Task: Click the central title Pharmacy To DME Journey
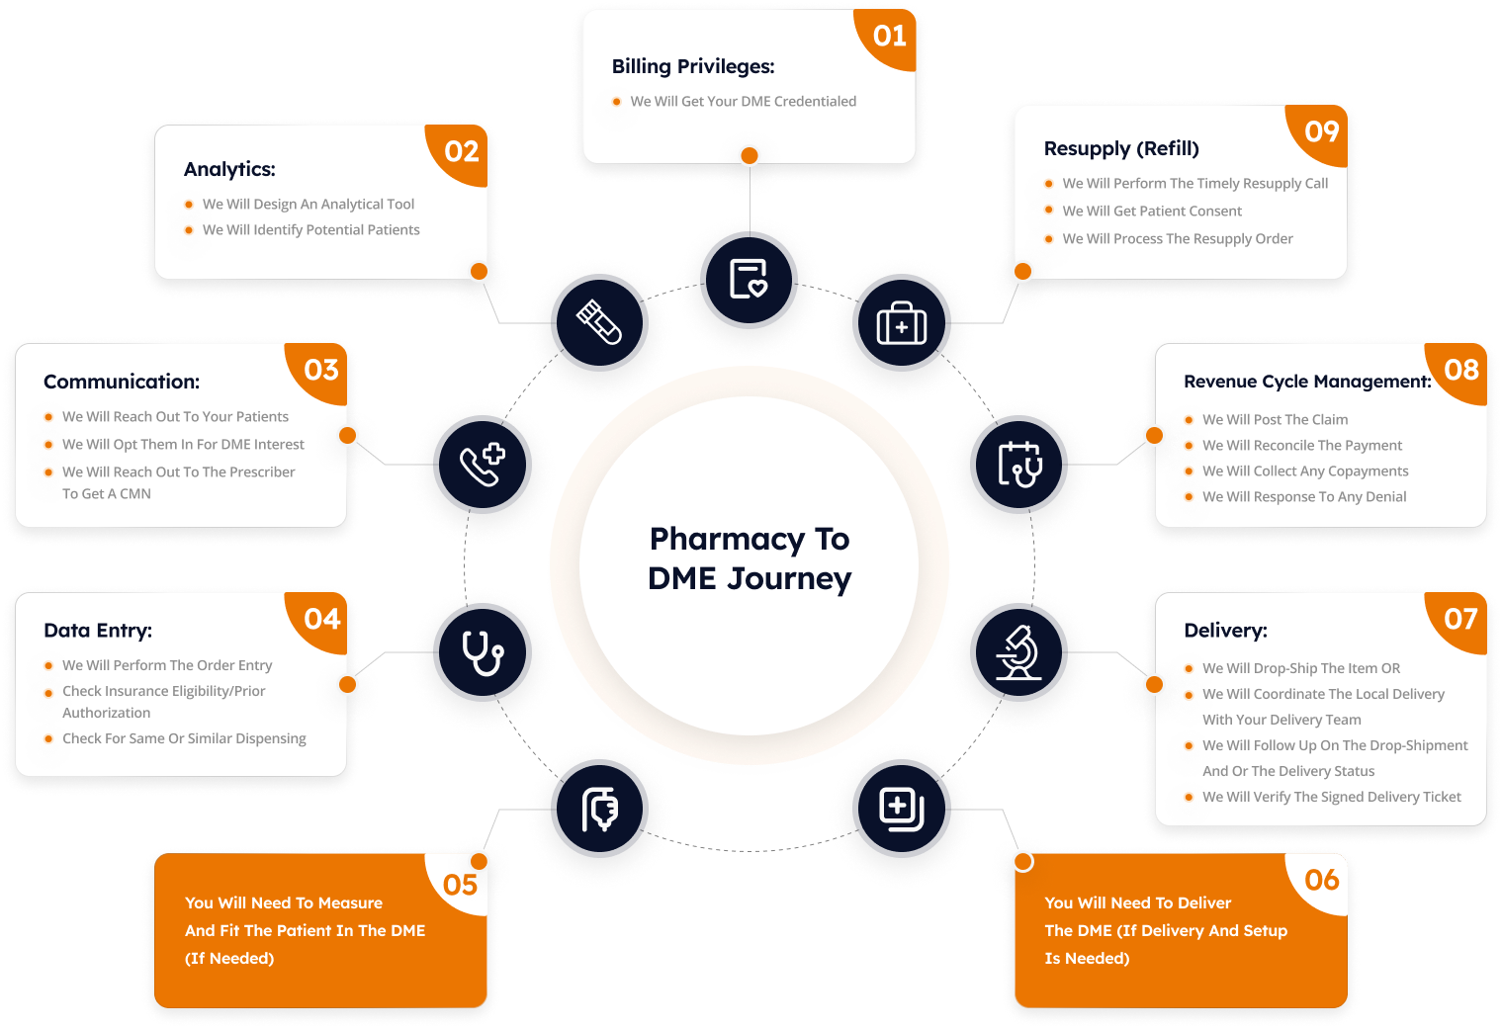[x=749, y=557]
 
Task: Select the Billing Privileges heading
[x=693, y=66]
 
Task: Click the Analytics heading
[x=229, y=169]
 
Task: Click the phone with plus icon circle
[x=483, y=464]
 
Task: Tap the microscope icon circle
[x=1018, y=652]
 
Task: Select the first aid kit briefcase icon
[x=901, y=323]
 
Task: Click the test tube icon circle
[x=599, y=323]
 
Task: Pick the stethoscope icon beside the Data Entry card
[x=483, y=652]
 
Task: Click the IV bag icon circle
[x=599, y=809]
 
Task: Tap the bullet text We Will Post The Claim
[x=1275, y=420]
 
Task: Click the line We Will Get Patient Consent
[x=1152, y=212]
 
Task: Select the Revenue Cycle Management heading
[x=1307, y=382]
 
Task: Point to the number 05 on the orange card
[x=460, y=885]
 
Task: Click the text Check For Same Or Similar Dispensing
[x=184, y=738]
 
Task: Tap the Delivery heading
[x=1225, y=630]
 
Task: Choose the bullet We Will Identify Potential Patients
[x=311, y=230]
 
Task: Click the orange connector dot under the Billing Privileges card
[x=749, y=155]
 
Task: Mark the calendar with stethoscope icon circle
[x=1018, y=464]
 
